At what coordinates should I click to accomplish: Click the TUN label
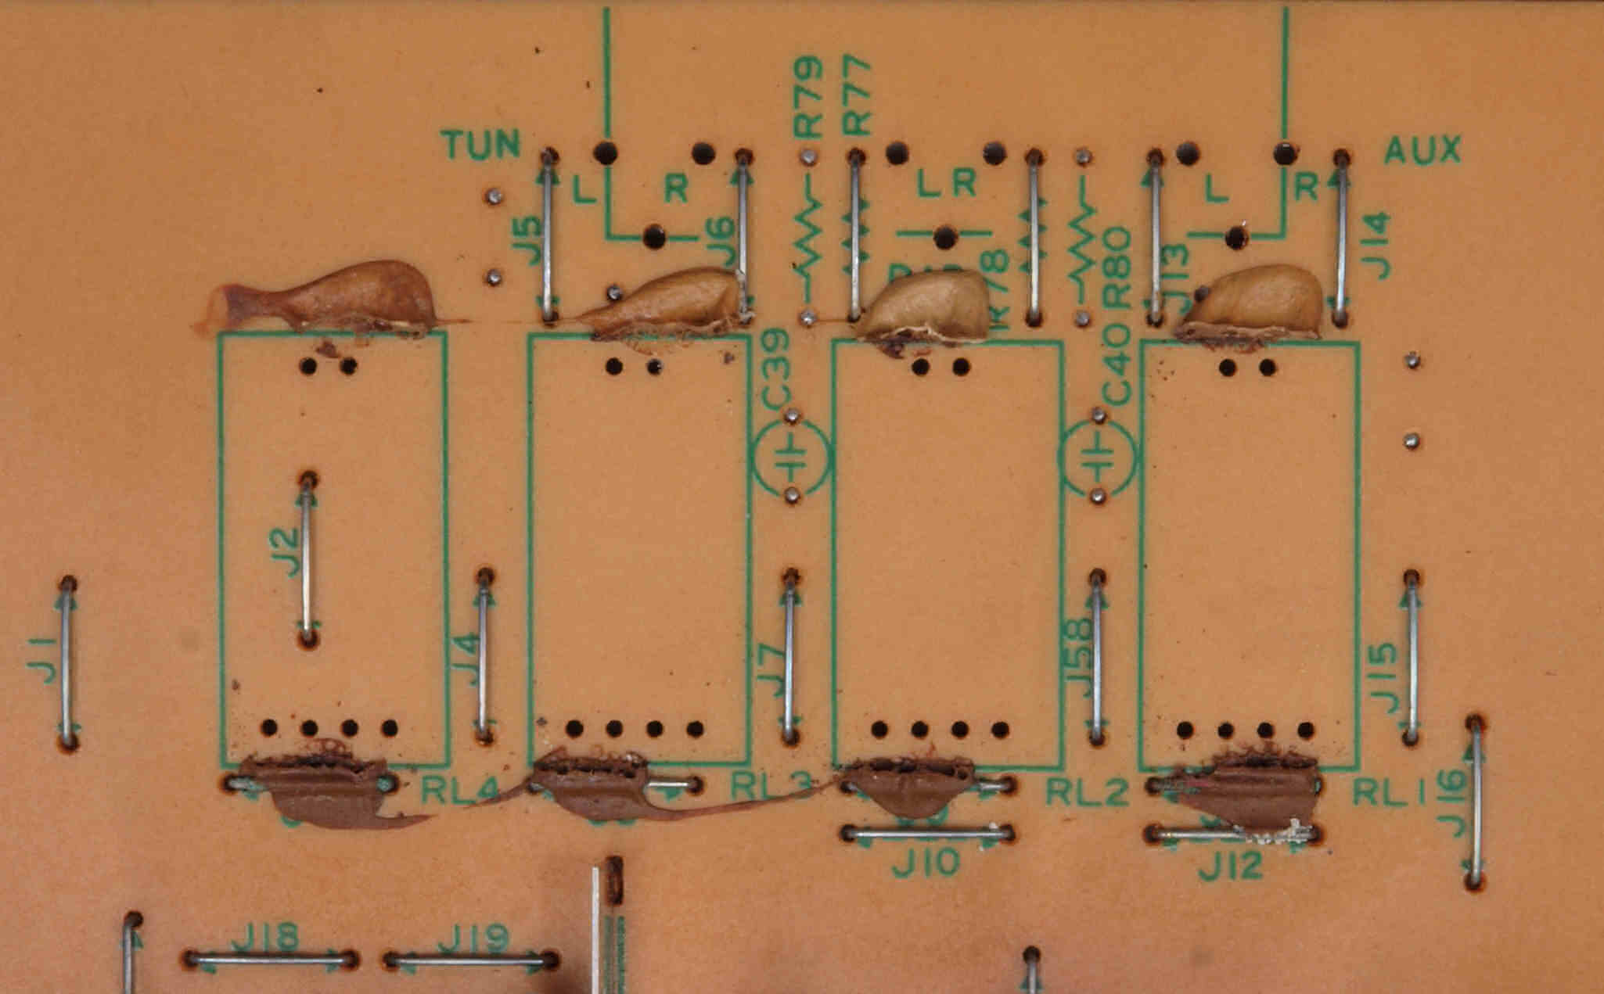[x=480, y=144]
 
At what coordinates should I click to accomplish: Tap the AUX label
[x=1422, y=150]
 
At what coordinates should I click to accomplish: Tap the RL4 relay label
[x=460, y=791]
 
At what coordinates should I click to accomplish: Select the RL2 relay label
[x=1088, y=793]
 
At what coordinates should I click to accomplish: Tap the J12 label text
[x=1231, y=865]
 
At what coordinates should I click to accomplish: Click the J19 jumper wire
[x=470, y=960]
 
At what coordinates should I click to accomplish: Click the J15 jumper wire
[x=1412, y=657]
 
